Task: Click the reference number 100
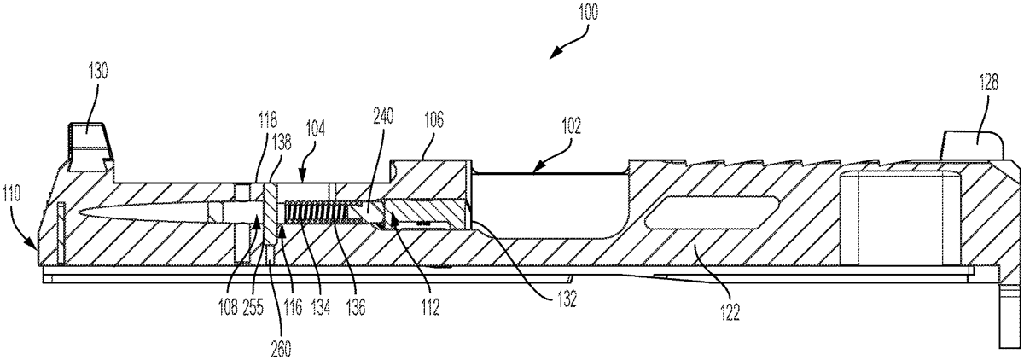point(587,12)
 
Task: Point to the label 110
point(12,195)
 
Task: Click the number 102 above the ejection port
point(571,125)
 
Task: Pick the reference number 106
point(433,121)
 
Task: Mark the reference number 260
point(281,350)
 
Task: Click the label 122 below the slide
point(730,313)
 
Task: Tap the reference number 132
point(567,299)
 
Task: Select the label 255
point(253,307)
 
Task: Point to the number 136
point(356,307)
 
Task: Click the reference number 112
point(430,307)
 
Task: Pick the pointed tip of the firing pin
point(79,212)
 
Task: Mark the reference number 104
point(315,130)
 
